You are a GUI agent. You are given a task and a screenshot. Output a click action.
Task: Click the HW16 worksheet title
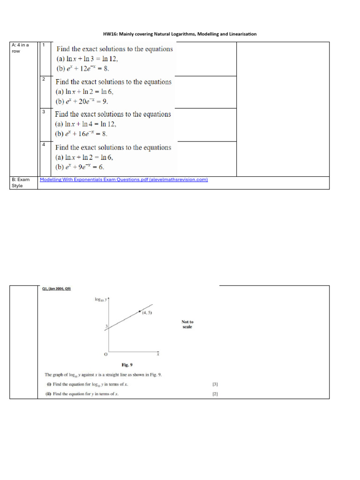click(180, 34)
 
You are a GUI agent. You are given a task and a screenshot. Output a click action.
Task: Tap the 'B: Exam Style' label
click(20, 182)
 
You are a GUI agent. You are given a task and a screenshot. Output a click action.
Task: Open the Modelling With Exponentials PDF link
click(124, 180)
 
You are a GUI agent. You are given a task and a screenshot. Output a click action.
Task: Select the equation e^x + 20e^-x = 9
click(83, 101)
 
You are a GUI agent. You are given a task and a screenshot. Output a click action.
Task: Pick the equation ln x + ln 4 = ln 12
click(86, 124)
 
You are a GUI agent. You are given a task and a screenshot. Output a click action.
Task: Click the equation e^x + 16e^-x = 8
click(82, 134)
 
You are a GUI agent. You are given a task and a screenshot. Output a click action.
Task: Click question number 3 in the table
click(44, 112)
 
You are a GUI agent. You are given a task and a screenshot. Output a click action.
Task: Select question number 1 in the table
click(44, 45)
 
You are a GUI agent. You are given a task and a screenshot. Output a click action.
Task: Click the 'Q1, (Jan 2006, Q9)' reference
click(56, 289)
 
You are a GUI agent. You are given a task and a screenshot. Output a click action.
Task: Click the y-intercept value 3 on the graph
click(106, 326)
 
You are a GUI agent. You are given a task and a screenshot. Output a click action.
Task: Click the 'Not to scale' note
click(187, 324)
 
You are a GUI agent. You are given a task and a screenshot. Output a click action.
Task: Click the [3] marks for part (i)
click(215, 384)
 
